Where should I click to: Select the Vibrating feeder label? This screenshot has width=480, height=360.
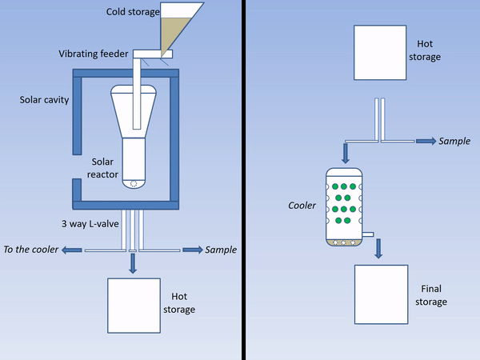coord(94,54)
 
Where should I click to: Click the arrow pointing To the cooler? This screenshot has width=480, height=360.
coord(72,250)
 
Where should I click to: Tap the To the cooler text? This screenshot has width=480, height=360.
coord(31,250)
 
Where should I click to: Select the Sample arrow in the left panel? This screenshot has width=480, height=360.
coord(192,250)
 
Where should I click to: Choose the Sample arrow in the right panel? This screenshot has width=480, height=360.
coord(425,141)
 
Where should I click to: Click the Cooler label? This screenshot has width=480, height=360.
coord(302,206)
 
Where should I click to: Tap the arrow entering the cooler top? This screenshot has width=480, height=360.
coord(346,154)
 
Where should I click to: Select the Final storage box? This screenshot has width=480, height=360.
coord(381,295)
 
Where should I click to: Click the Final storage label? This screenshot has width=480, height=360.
coord(430,295)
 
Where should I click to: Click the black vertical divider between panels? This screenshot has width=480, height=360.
coord(242,180)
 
